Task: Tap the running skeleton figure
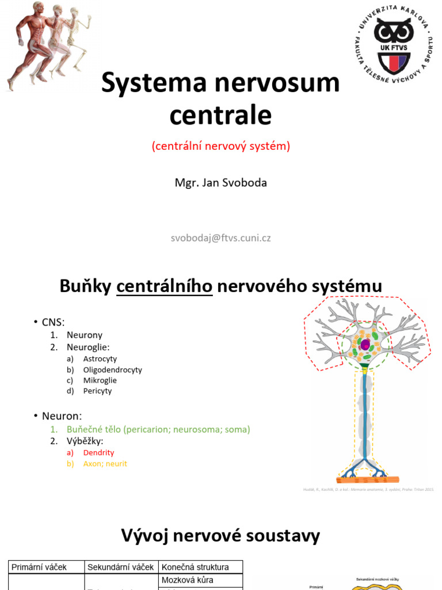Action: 77,37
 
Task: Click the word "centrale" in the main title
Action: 220,115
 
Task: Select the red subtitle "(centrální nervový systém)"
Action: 221,146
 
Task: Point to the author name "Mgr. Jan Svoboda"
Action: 221,183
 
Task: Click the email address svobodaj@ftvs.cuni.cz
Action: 221,238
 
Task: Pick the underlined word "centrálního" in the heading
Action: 165,286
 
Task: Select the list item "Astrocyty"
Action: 100,359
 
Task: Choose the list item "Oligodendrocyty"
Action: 113,370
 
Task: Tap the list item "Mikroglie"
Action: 100,380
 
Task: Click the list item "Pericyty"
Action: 98,391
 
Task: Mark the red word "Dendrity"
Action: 99,453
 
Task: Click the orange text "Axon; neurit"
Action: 105,463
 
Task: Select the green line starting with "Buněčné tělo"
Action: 158,429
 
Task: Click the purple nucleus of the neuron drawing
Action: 365,345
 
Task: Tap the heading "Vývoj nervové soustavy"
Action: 220,536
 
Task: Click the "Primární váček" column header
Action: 40,567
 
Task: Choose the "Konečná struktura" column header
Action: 196,567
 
